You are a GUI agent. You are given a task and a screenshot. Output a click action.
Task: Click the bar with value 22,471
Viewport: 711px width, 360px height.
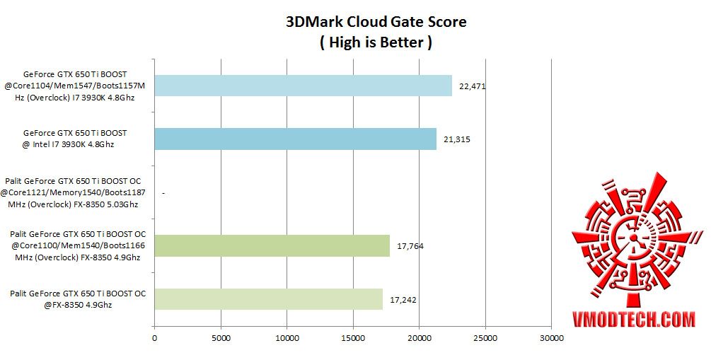303,86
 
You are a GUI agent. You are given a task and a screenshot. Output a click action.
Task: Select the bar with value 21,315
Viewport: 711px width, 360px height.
295,139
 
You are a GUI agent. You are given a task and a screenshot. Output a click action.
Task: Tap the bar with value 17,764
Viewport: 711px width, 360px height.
272,245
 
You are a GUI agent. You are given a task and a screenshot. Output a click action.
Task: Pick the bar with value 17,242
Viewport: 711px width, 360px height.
268,299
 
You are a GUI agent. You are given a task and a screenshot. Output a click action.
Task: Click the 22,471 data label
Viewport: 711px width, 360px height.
473,86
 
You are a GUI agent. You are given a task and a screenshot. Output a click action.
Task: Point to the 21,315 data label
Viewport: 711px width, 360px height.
457,139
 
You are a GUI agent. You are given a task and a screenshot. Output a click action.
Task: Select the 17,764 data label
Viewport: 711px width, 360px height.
410,246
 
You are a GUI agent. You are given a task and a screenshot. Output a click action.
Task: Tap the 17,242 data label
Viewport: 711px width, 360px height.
403,299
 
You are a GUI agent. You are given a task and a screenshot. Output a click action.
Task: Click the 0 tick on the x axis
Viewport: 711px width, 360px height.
154,338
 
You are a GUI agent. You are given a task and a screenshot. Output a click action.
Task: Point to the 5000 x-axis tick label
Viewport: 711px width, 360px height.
221,338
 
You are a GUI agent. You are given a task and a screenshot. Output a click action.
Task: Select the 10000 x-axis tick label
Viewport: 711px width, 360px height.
287,338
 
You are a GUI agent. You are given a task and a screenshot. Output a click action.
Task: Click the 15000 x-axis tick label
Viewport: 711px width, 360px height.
353,338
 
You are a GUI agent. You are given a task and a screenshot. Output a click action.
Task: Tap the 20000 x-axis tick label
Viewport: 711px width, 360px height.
419,338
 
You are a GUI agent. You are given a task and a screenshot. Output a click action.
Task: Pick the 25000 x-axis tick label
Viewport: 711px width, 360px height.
485,338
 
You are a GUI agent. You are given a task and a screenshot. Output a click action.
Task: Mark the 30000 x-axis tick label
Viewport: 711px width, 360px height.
551,338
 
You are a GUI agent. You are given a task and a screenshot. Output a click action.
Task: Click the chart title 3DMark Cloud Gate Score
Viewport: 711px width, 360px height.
376,22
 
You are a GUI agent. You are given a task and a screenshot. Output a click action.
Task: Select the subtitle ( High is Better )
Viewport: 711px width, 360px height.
376,42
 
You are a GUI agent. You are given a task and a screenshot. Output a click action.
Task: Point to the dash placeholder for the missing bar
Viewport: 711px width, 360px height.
163,192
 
